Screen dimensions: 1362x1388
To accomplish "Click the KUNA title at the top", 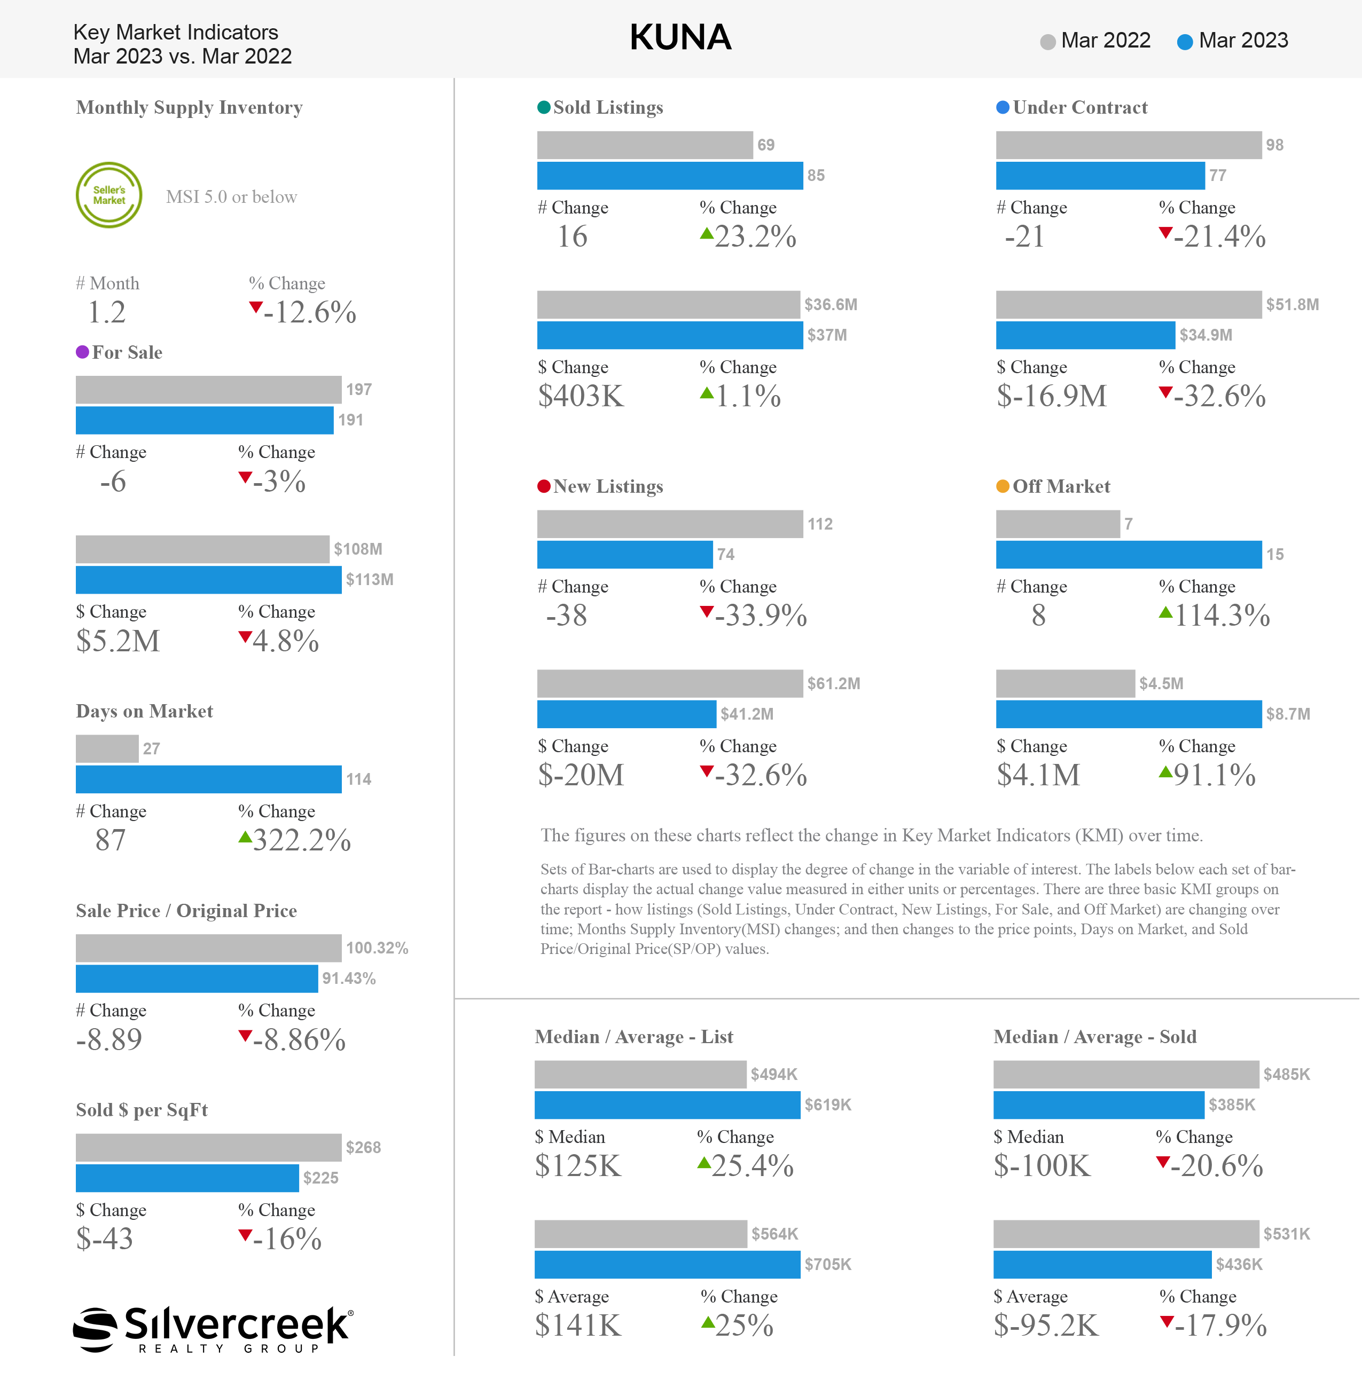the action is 680,37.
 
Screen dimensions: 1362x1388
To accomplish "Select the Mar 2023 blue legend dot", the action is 1185,42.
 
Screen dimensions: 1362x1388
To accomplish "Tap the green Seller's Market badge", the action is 109,195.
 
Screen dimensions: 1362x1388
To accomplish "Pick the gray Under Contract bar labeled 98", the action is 1128,145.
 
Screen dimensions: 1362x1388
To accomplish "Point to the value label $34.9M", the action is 1206,335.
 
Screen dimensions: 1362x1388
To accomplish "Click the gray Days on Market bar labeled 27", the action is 107,748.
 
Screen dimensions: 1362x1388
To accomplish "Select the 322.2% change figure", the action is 301,840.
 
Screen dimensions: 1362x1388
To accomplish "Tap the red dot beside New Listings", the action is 544,486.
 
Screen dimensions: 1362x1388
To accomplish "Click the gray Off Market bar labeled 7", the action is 1057,524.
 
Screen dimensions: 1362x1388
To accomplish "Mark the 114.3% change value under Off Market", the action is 1222,616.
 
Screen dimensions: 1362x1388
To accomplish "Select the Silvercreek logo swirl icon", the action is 95,1329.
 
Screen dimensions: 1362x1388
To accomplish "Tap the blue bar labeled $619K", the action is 667,1105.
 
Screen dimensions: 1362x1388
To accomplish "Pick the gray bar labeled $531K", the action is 1126,1234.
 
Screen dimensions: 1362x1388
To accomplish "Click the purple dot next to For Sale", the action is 82,352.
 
